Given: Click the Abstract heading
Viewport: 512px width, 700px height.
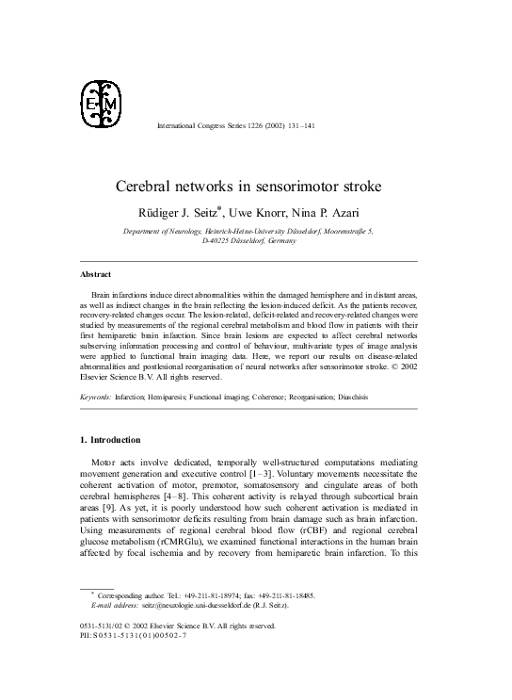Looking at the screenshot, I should click(x=94, y=274).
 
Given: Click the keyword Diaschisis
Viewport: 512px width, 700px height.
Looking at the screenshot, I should click(x=346, y=398).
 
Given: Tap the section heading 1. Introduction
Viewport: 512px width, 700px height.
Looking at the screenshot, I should click(x=109, y=440).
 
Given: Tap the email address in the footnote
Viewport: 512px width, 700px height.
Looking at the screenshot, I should click(x=173, y=609).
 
